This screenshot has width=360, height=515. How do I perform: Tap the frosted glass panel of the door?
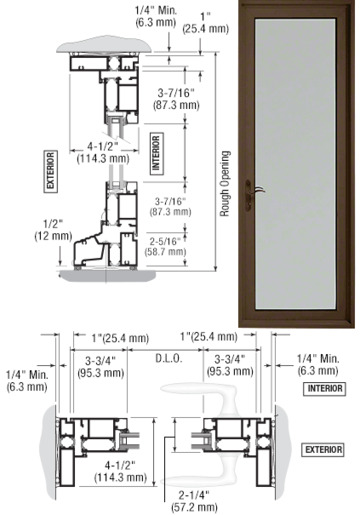295,164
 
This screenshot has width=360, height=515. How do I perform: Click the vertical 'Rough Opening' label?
225,184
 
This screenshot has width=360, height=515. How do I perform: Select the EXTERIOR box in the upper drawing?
51,172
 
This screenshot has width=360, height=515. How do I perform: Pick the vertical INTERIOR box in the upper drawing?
156,153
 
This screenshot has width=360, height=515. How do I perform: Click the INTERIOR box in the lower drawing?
324,389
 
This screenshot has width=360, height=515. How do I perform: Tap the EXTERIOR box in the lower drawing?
323,450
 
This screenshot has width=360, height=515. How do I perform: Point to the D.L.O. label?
169,359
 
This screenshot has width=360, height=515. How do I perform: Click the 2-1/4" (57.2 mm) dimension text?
194,501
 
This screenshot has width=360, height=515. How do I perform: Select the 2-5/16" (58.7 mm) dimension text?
165,246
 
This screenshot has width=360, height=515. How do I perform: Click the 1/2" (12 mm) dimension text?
53,230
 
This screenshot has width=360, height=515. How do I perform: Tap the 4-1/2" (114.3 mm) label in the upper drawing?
103,152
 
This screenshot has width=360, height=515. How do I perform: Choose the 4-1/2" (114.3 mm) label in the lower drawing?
120,471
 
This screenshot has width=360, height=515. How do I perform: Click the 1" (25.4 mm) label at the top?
206,23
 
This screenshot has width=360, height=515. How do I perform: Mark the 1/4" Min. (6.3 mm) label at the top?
156,16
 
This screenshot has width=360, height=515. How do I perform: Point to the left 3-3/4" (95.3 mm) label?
100,367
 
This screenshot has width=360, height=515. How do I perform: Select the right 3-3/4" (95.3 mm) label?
230,365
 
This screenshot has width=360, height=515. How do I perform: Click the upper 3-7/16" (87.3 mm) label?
176,99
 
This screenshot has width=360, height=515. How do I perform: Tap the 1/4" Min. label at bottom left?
27,381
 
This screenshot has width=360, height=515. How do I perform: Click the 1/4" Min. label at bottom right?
318,365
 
